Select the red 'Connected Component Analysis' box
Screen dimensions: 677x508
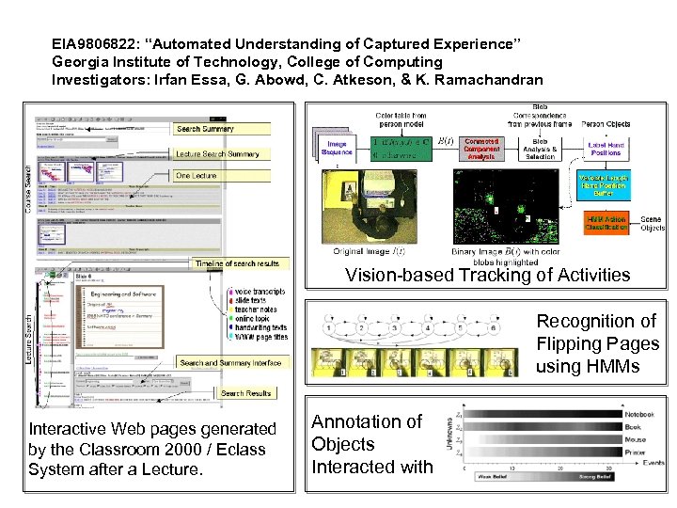pos(480,149)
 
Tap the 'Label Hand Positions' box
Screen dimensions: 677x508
pos(606,149)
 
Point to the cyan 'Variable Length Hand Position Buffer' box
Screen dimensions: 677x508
pos(605,184)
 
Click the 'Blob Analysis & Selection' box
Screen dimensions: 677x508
pos(541,149)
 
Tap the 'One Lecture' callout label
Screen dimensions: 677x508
pos(197,176)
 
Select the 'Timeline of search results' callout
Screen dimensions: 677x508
pos(238,263)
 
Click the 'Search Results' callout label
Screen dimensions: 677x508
pos(245,393)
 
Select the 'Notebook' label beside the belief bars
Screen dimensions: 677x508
pos(640,414)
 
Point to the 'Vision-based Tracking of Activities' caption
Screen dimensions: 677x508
pos(487,275)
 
